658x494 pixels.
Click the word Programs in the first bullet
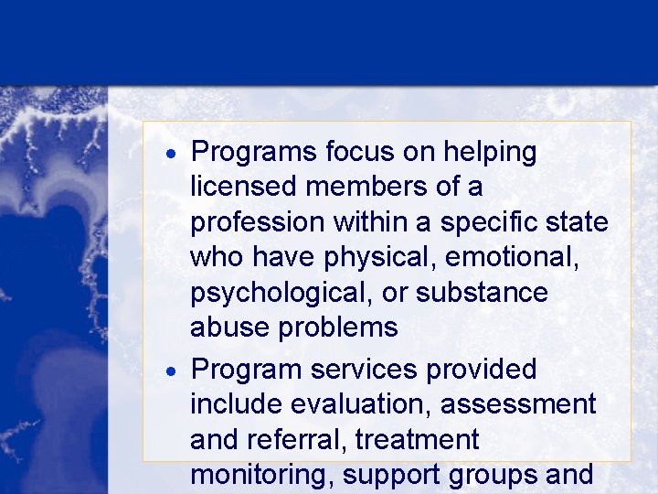(x=248, y=153)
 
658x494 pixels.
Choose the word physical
(x=380, y=258)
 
